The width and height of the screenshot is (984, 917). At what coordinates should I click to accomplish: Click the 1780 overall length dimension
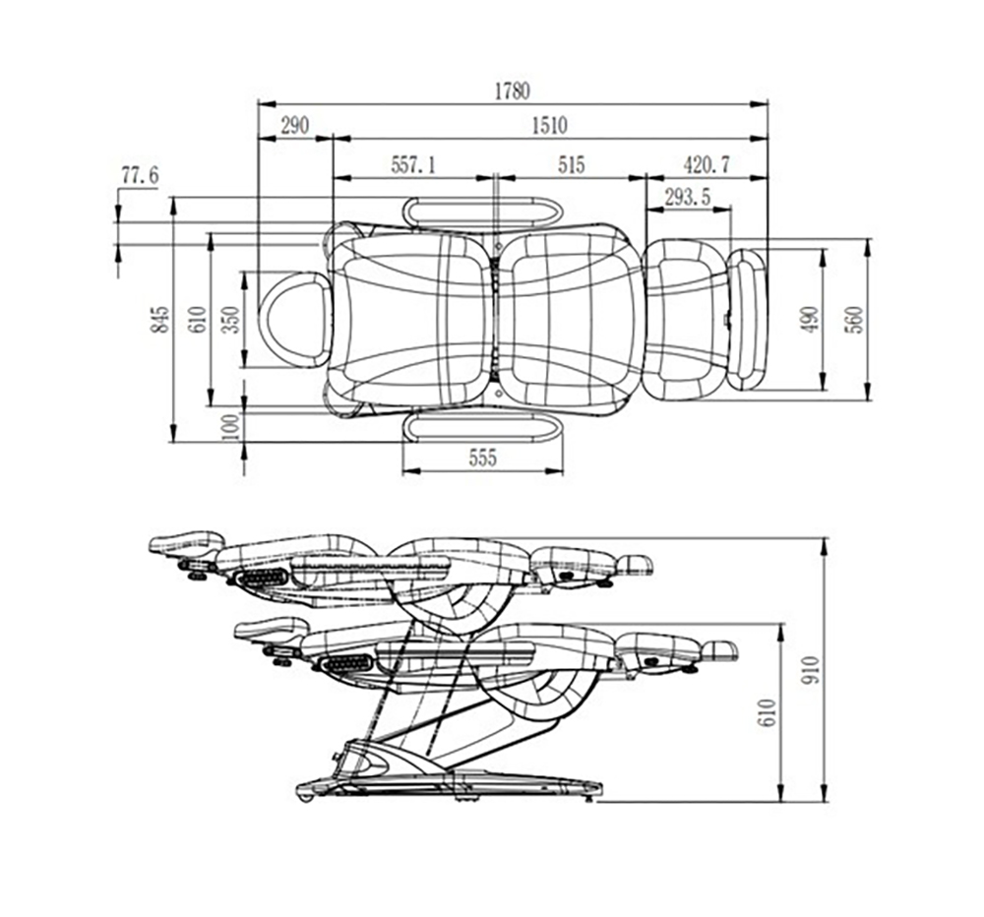tap(513, 92)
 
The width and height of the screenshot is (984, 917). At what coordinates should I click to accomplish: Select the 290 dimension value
tap(294, 126)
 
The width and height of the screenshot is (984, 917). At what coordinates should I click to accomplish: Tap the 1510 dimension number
tap(549, 126)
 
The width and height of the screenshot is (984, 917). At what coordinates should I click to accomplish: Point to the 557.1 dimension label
tap(413, 165)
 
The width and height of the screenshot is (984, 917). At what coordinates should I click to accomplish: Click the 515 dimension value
tap(571, 165)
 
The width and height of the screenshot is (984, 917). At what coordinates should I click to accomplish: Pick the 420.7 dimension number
tap(707, 165)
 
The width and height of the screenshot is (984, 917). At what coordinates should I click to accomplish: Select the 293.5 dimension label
tap(688, 197)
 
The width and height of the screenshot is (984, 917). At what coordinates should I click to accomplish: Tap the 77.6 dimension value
tap(140, 175)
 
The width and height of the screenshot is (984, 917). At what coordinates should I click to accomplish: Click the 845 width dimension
tap(160, 320)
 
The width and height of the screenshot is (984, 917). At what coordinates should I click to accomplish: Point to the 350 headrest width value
tap(231, 320)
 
